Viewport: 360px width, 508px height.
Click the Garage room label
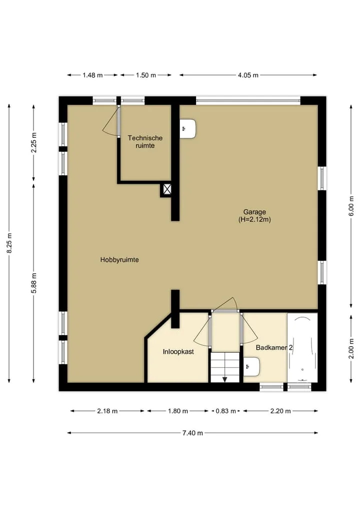254,212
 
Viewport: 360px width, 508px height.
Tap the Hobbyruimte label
119,260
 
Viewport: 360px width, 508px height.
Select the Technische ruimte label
145,142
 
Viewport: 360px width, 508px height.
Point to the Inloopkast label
178,352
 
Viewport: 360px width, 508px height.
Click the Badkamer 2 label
274,348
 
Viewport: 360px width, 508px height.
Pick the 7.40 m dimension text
192,433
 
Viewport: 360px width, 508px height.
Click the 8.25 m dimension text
9,243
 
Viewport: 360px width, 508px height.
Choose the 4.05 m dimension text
248,75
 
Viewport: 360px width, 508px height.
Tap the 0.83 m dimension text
225,411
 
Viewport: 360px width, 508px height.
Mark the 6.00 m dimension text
351,206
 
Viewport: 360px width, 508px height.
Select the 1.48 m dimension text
92,75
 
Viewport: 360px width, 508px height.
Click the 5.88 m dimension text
34,283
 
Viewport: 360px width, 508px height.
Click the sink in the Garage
188,129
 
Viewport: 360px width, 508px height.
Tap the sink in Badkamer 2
251,367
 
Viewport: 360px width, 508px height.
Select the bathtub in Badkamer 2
302,348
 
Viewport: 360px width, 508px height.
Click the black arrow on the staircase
225,380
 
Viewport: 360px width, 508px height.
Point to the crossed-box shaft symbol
167,189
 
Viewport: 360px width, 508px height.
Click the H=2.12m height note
254,220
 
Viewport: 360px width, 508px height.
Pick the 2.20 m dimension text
280,411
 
